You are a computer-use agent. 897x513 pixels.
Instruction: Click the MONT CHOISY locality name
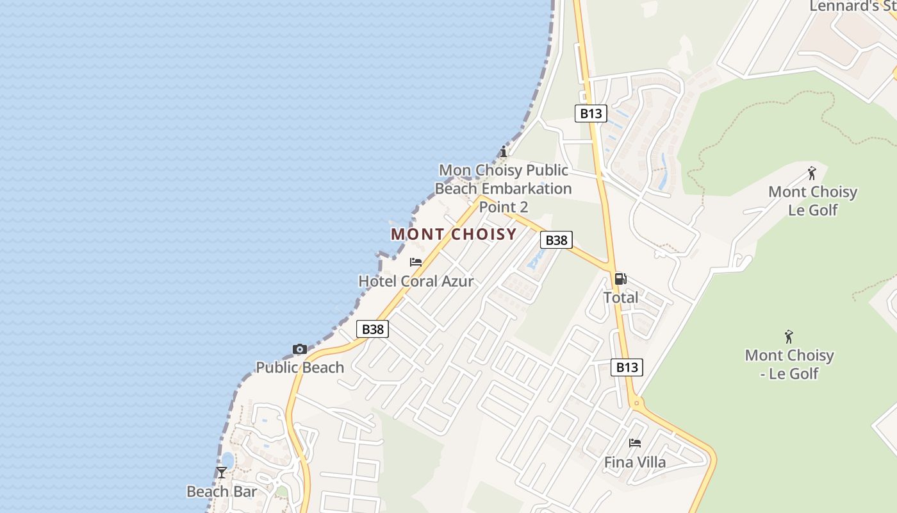pos(454,234)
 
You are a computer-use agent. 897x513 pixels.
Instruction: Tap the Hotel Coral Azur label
pos(416,281)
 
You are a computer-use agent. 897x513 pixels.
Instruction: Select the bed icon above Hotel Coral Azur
pos(416,262)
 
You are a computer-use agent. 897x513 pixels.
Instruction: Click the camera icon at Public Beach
pos(299,349)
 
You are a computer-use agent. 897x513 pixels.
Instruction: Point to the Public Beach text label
pos(300,367)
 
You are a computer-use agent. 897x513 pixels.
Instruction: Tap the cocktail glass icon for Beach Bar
pos(222,473)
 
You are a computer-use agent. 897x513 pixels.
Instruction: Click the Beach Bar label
pos(222,492)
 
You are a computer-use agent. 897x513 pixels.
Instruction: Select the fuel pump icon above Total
pos(620,279)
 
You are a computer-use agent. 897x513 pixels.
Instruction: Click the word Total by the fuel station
pos(621,298)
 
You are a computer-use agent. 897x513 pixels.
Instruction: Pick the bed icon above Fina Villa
pos(635,443)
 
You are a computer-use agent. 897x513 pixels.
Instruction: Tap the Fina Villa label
pos(635,462)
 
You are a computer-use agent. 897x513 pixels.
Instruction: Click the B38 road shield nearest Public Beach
pos(372,329)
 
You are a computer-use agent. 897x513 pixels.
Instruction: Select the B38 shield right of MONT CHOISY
pos(556,240)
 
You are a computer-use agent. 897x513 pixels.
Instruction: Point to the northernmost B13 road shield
pos(590,114)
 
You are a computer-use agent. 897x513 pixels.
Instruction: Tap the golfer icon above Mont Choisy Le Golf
pos(812,173)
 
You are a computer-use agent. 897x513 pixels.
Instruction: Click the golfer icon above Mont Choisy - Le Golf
pos(789,337)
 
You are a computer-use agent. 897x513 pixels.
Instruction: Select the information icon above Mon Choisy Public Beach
pos(504,152)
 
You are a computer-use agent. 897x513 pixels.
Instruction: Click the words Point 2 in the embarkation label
pos(504,207)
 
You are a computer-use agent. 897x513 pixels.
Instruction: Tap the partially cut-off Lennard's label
pos(852,6)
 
